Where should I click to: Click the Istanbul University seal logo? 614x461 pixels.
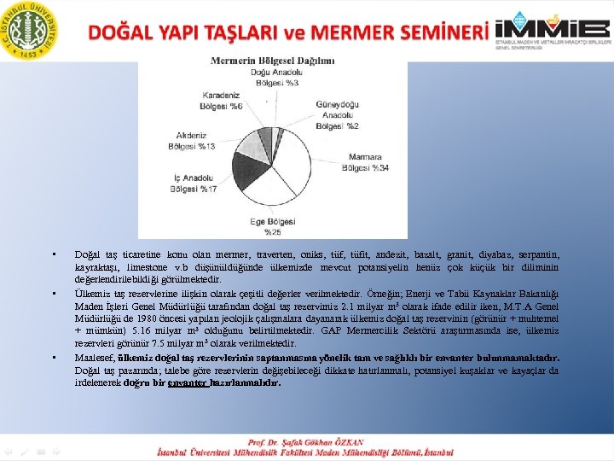pyautogui.click(x=31, y=31)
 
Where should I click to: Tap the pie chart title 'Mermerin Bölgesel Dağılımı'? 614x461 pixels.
pyautogui.click(x=272, y=61)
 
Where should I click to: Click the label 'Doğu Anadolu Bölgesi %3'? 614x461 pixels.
pyautogui.click(x=274, y=78)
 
